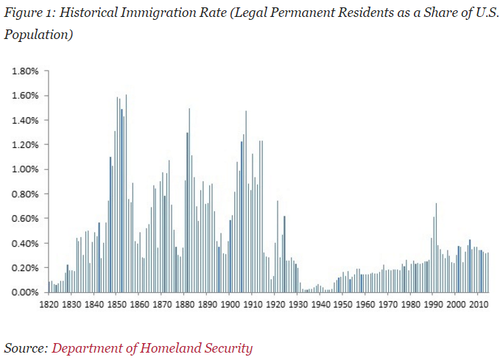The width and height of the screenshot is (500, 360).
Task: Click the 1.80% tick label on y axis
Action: (x=24, y=71)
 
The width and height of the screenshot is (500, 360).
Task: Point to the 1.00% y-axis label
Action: (x=24, y=169)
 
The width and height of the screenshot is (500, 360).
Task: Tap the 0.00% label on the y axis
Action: (x=24, y=292)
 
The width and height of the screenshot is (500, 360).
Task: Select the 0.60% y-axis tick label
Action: (x=24, y=219)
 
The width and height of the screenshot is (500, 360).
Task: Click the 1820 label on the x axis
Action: (x=49, y=303)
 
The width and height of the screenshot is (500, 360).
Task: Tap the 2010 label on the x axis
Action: (x=479, y=303)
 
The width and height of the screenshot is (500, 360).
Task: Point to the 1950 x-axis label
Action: (x=343, y=303)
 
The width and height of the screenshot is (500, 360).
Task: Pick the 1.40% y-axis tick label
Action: (x=24, y=120)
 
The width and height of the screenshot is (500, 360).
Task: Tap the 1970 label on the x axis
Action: (x=388, y=303)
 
